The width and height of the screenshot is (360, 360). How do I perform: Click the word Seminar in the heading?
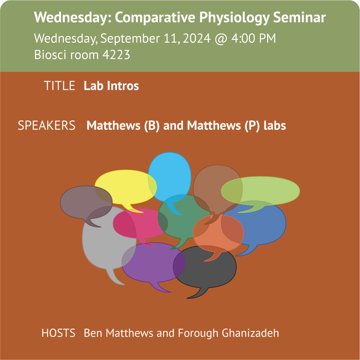pyautogui.click(x=299, y=17)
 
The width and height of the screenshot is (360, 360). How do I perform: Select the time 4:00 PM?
pyautogui.click(x=253, y=38)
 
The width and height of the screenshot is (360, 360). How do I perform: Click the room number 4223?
pyautogui.click(x=116, y=55)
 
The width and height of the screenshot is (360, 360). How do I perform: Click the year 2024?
pyautogui.click(x=197, y=38)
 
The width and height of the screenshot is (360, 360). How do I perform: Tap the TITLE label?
pyautogui.click(x=59, y=86)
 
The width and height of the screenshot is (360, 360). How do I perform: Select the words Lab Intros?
pyautogui.click(x=111, y=86)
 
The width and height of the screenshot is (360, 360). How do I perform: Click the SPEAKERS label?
pyautogui.click(x=47, y=125)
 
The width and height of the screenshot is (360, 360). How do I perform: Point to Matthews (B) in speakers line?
pyautogui.click(x=123, y=126)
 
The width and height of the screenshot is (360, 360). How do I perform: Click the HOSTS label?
pyautogui.click(x=58, y=333)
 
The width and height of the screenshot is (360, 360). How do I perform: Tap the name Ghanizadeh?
pyautogui.click(x=250, y=333)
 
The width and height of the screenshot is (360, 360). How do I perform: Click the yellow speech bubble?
pyautogui.click(x=125, y=187)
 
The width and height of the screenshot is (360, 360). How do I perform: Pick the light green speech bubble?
pyautogui.click(x=260, y=191)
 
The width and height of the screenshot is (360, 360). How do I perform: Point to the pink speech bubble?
pyautogui.click(x=140, y=223)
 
